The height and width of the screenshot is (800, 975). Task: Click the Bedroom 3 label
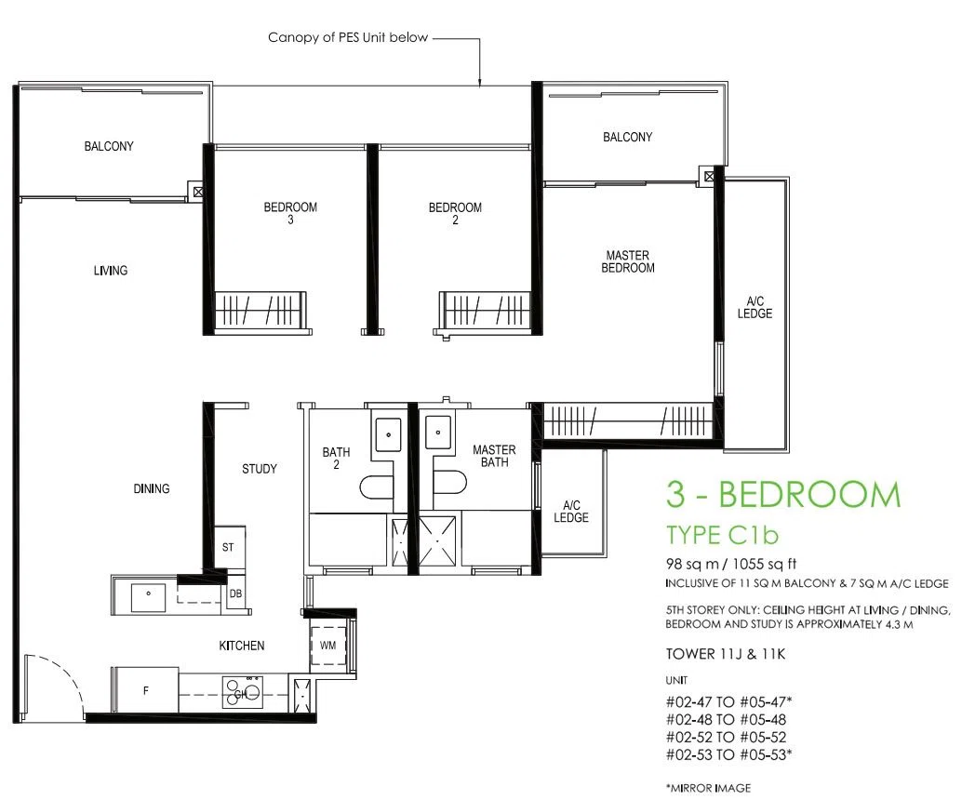pos(290,213)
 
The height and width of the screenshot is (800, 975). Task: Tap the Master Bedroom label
pos(627,261)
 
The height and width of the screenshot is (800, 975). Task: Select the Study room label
pos(260,469)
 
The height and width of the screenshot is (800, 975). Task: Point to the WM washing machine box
pos(328,646)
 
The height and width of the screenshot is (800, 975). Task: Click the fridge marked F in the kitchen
pos(145,690)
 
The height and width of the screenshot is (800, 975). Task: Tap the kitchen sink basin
pos(148,598)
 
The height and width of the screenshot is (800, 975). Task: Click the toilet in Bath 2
pos(376,487)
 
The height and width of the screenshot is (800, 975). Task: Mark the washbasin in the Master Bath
pos(439,432)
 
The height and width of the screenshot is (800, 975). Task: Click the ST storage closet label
pos(228,548)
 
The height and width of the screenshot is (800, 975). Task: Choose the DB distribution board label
pos(235,593)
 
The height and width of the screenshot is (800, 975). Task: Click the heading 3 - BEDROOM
pos(783,495)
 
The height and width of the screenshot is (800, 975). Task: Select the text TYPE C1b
pos(723,535)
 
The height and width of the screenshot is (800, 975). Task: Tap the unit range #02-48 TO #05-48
pos(726,720)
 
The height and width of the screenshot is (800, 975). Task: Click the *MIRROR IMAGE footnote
pos(708,788)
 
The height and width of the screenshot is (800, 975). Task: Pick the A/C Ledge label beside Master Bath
pos(571,511)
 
